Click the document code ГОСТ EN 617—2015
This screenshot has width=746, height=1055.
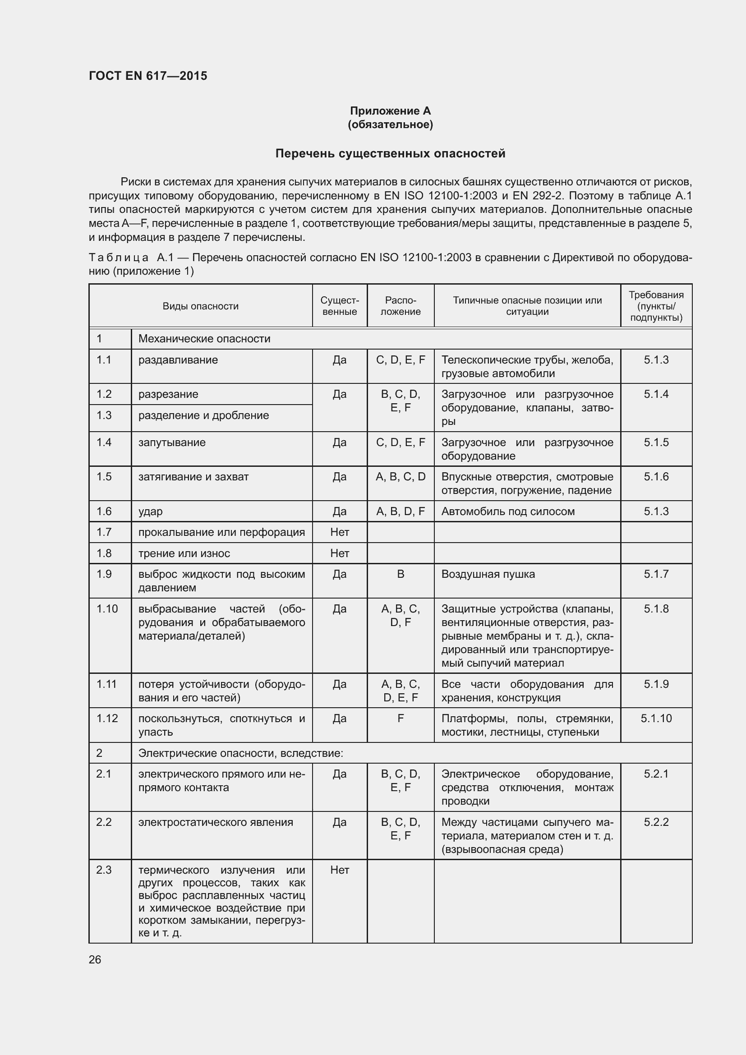point(148,76)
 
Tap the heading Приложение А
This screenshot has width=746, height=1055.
point(390,111)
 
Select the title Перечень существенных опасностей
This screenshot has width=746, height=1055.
point(390,153)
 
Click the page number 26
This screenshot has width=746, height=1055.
point(95,959)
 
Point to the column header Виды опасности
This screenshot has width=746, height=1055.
point(200,306)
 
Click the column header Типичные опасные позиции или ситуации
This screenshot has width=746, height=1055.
point(527,306)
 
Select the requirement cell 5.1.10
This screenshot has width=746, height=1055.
point(655,718)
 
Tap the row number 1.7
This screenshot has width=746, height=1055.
point(104,532)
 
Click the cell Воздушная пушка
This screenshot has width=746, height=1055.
point(488,574)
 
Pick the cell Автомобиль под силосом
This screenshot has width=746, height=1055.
point(507,511)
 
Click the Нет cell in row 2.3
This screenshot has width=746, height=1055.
point(340,870)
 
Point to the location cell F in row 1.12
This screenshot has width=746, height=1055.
point(400,718)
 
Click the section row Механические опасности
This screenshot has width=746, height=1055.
point(204,339)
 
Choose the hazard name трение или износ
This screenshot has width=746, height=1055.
point(184,553)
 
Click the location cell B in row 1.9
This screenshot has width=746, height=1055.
point(400,574)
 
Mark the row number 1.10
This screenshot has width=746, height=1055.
point(106,609)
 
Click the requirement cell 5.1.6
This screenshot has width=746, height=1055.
point(655,477)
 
